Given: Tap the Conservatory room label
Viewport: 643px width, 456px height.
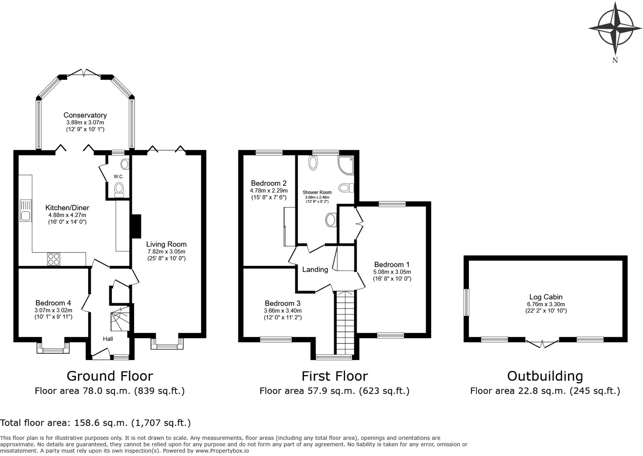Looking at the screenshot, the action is [x=85, y=115].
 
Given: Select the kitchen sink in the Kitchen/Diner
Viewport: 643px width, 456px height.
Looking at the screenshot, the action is [x=26, y=210].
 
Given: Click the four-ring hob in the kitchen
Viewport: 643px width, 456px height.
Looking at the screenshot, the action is [x=54, y=259].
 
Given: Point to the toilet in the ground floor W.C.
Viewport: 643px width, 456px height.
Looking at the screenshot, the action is [x=119, y=189].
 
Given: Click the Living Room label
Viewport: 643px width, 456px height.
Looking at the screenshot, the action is [x=166, y=244].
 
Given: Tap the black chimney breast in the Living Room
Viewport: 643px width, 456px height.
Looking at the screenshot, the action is [x=136, y=226].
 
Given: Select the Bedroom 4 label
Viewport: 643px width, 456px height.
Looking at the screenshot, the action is [x=53, y=303].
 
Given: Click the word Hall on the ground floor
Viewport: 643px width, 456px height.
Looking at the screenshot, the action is [x=108, y=339].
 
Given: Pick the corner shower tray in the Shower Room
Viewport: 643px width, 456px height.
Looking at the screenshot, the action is [x=346, y=165].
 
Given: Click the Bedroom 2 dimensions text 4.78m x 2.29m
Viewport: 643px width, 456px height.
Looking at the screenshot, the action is [x=269, y=191].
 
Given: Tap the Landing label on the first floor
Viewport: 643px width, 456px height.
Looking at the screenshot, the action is [x=315, y=269].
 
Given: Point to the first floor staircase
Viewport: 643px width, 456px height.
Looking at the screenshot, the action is [x=345, y=322].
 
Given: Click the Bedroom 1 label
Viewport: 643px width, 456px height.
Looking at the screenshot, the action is [x=392, y=265].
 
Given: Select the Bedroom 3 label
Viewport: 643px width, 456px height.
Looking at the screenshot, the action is [x=282, y=303].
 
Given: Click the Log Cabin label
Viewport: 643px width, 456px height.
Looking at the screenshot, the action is [x=546, y=297].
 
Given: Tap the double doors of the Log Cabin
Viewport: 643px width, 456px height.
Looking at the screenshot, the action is [x=542, y=344].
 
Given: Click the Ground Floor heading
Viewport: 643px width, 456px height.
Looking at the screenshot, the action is [x=110, y=376].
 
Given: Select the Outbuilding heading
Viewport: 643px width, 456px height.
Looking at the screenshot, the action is [x=545, y=376].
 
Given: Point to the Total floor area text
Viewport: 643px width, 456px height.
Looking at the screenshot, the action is [x=95, y=423].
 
